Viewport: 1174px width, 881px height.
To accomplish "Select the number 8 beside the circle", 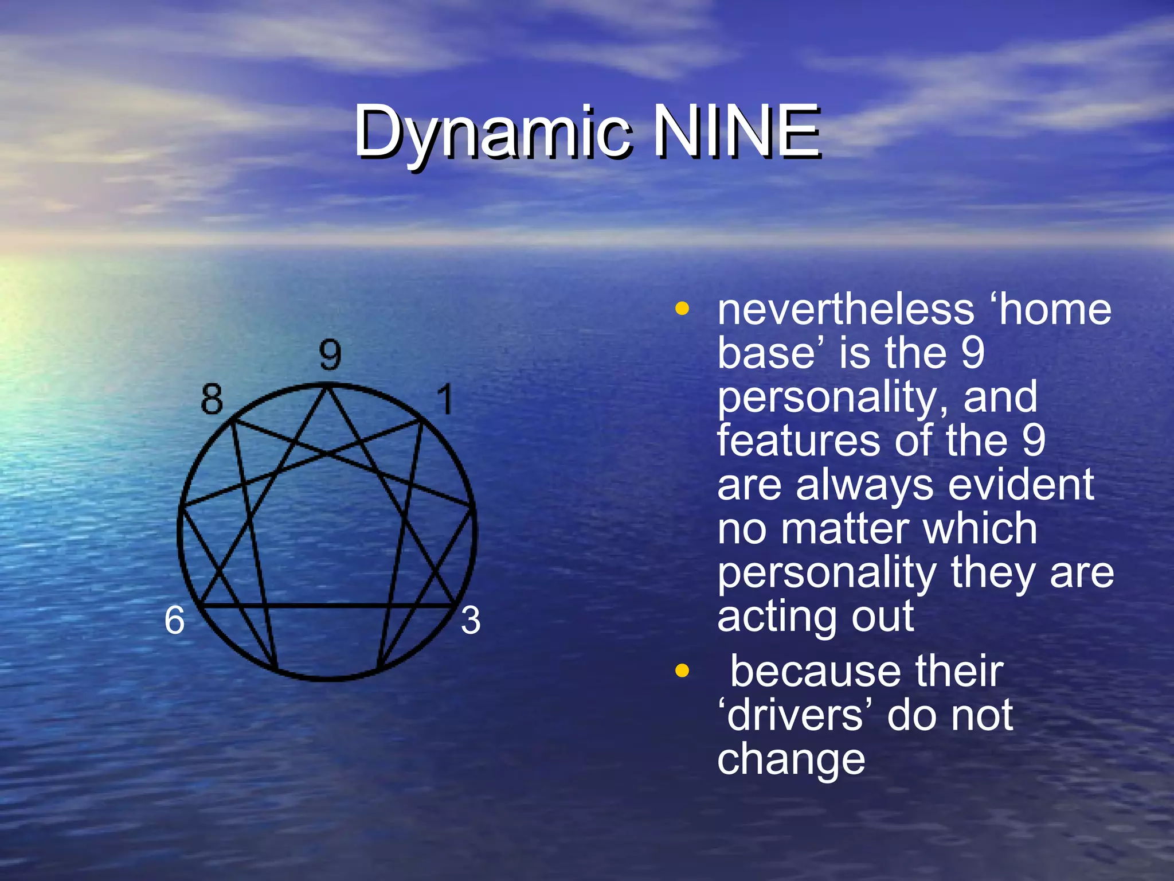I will (x=212, y=399).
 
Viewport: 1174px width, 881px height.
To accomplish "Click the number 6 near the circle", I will (x=174, y=621).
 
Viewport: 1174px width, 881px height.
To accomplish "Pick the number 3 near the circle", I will (x=471, y=621).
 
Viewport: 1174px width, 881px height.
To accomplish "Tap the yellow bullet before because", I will (x=682, y=671).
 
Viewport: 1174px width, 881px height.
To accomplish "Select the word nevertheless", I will (x=846, y=310).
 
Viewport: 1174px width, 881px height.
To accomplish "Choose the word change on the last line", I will (x=791, y=759).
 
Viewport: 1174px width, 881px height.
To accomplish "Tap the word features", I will (x=796, y=440).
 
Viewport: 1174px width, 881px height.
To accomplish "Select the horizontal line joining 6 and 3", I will (x=327, y=605).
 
